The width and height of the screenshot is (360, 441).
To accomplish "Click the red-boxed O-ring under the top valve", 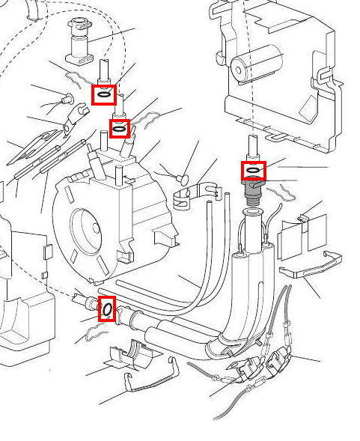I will coord(104,94).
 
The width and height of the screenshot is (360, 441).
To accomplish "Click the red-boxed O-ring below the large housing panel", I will coord(254,171).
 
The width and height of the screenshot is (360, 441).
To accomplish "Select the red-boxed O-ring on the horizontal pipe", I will coord(107,308).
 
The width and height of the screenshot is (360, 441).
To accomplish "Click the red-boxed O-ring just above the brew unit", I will coord(119,130).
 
